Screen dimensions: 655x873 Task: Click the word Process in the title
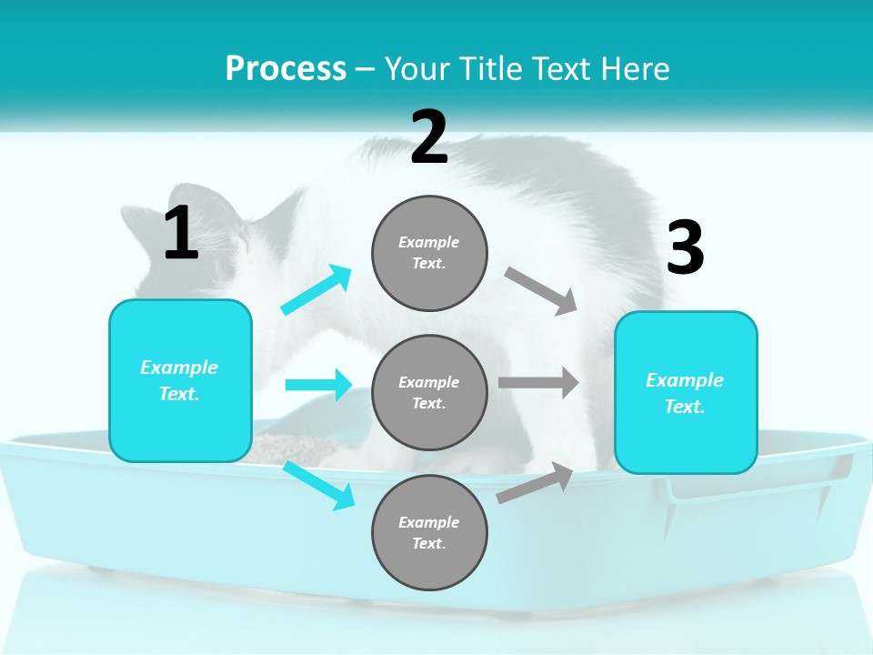[286, 69]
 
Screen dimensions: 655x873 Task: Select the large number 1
[181, 235]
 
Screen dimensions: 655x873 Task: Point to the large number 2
[429, 137]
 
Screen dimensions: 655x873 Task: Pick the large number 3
[686, 248]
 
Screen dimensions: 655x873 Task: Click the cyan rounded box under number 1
[180, 380]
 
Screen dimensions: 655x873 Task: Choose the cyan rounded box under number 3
[686, 392]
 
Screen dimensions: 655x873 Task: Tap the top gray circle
[429, 253]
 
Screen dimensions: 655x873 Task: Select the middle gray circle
[429, 392]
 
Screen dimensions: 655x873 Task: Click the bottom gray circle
[429, 532]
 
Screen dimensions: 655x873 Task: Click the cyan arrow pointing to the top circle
[316, 290]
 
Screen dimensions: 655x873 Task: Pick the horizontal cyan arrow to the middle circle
[318, 385]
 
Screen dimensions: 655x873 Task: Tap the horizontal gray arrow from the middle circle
[538, 383]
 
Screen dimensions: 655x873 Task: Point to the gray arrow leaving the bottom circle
[536, 483]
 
